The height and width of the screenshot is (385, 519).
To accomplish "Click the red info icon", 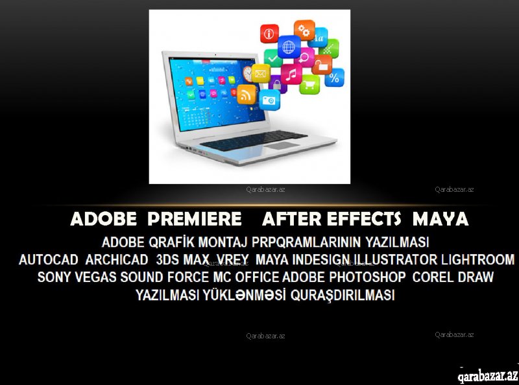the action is tap(269, 34).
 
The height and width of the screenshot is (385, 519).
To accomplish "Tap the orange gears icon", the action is tap(304, 30).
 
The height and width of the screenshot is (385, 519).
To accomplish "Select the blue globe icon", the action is tap(289, 47).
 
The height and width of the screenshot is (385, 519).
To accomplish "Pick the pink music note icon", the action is tap(291, 74).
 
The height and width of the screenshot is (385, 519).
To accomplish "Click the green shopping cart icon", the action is tap(309, 84).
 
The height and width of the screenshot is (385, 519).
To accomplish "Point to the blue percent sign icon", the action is tap(334, 77).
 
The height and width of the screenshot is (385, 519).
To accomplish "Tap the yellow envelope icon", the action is tap(261, 73).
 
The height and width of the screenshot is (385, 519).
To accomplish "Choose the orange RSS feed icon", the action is tap(247, 94).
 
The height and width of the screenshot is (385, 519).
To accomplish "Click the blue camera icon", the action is tap(269, 100).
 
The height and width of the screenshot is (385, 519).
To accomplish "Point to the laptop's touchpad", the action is tap(282, 145).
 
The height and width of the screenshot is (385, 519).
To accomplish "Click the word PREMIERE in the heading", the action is tap(195, 219).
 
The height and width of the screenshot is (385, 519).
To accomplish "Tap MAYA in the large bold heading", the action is tap(441, 219).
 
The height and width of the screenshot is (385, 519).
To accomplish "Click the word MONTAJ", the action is tap(223, 242).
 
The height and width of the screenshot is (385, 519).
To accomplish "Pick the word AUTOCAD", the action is tap(48, 260).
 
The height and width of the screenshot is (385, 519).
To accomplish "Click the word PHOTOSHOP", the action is tap(367, 277).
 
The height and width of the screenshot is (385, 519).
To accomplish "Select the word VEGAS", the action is tap(95, 277).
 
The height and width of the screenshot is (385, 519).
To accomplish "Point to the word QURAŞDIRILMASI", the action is tap(343, 295).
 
